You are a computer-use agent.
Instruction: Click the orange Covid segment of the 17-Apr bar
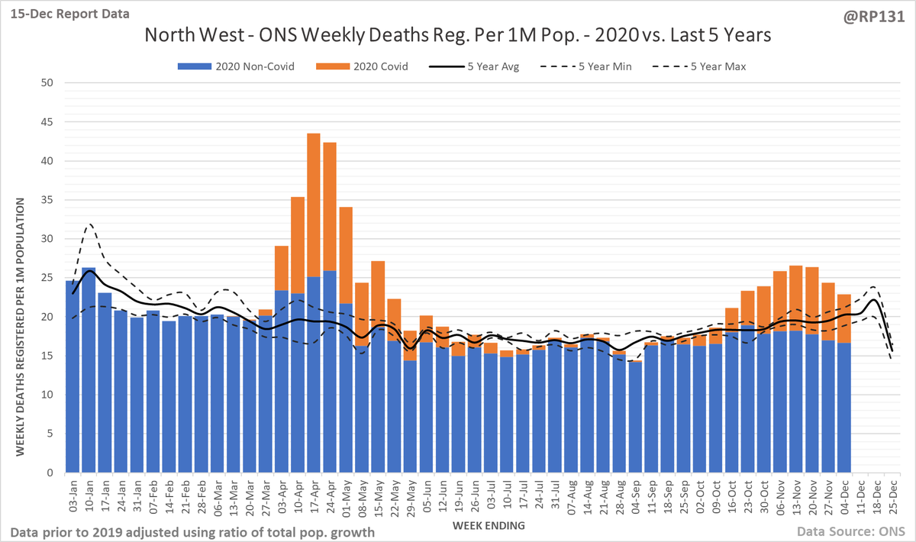click(314, 206)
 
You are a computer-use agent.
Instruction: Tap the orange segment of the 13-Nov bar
click(795, 298)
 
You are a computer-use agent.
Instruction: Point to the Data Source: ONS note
click(847, 531)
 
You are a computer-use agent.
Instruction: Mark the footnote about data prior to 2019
click(192, 531)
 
